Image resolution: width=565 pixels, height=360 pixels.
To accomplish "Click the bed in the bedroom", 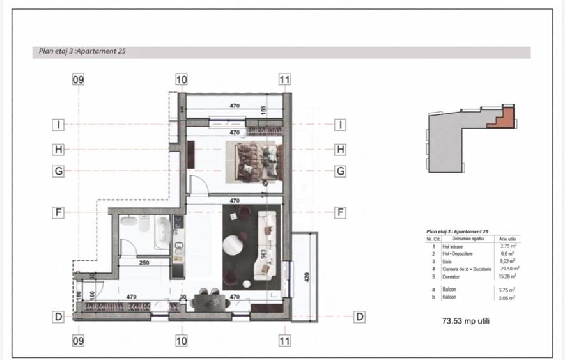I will (x=254, y=159).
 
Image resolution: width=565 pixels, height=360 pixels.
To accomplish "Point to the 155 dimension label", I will (x=263, y=110).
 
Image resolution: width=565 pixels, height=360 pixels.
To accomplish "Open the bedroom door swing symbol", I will (x=197, y=186).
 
